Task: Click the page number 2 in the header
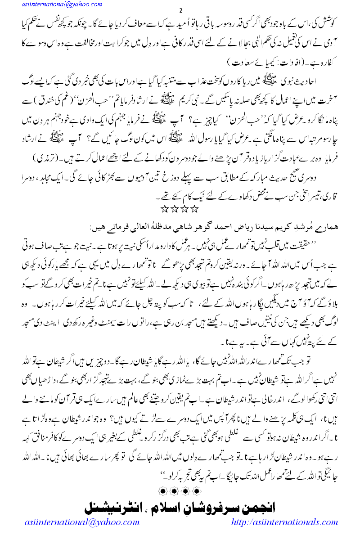pyautogui.click(x=180, y=10)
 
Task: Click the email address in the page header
pyautogui.click(x=52, y=4)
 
